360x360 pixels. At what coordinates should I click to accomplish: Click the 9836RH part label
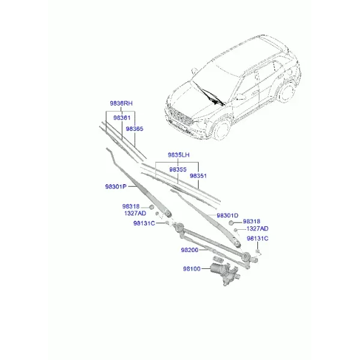[121, 103]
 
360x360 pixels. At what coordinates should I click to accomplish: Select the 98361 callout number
[122, 118]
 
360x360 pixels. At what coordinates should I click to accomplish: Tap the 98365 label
[134, 129]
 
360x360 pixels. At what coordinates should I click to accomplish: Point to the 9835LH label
[179, 155]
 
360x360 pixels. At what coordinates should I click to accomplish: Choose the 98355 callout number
[178, 169]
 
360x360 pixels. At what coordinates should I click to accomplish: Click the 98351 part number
[198, 176]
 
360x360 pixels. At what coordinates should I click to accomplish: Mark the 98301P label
[116, 187]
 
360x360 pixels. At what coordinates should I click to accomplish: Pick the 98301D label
[227, 215]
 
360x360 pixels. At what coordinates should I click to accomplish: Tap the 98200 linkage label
[190, 250]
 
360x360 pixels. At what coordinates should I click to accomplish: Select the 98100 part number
[192, 269]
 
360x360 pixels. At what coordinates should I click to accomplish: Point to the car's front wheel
[221, 128]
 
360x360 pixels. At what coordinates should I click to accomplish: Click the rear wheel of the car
[287, 91]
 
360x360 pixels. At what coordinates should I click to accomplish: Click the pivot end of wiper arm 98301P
[168, 214]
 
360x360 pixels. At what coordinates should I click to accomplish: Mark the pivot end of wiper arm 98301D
[238, 242]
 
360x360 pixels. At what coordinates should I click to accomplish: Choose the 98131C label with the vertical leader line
[257, 239]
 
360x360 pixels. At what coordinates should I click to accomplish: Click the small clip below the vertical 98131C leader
[258, 252]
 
